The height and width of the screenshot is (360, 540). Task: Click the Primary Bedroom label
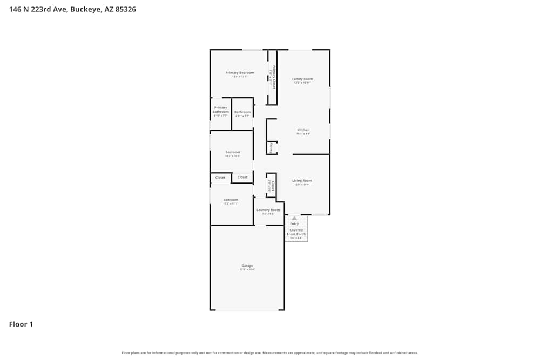pos(239,73)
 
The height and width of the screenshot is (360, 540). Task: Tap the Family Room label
pos(302,79)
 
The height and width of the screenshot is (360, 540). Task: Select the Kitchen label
pos(303,130)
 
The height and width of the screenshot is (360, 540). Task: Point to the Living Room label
pos(302,181)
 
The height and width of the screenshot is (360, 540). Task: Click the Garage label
pos(247,266)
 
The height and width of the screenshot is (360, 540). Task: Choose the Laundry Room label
pos(268,210)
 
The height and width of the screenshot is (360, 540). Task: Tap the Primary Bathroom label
pos(220,110)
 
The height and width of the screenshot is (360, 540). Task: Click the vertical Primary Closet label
pos(274,77)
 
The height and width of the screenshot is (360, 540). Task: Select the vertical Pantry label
pos(271,147)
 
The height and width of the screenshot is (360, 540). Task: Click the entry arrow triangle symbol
pos(294,218)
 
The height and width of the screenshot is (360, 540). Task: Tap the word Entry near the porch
pos(294,223)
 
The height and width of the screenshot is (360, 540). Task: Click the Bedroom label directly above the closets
pos(232,152)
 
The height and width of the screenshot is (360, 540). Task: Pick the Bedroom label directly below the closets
pos(231,200)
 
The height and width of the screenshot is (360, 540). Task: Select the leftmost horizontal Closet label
pos(220,178)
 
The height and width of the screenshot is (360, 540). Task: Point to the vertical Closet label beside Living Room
pos(273,186)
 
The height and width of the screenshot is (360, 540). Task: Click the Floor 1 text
pos(21,324)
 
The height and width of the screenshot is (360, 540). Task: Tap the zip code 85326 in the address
pos(124,9)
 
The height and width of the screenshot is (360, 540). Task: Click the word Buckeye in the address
pos(85,9)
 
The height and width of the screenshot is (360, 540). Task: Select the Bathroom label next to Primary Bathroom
pos(242,112)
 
